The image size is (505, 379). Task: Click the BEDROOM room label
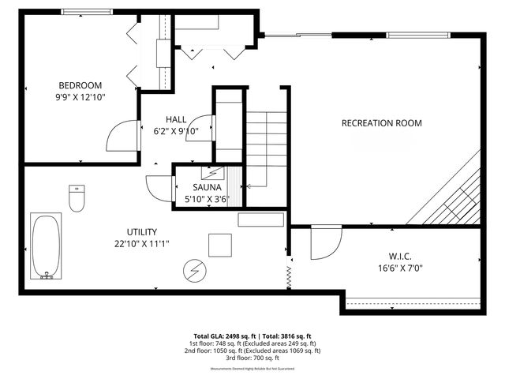point(80,85)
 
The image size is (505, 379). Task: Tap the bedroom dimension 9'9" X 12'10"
point(80,97)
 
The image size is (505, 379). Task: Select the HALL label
point(176,119)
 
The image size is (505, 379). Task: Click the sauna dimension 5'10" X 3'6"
point(206,200)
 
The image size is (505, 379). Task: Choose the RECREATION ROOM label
point(381,123)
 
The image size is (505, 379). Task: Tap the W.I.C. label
point(400,257)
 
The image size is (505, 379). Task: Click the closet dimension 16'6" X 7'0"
point(400,268)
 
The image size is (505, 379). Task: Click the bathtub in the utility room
point(46,246)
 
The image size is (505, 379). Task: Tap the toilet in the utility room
point(77,200)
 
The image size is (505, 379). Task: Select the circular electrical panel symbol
point(193,271)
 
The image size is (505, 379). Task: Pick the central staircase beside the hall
point(266,150)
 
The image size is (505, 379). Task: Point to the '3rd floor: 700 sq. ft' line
point(252,358)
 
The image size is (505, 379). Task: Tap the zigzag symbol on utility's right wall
point(289,275)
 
